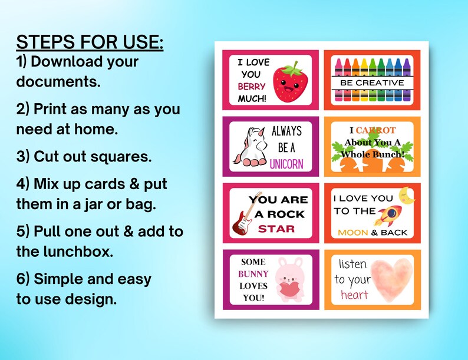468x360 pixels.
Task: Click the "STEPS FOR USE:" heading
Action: click(x=90, y=42)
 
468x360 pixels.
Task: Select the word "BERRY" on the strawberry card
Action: click(x=252, y=86)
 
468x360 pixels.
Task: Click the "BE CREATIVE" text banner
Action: click(x=372, y=83)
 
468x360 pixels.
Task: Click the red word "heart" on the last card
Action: click(x=354, y=294)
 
